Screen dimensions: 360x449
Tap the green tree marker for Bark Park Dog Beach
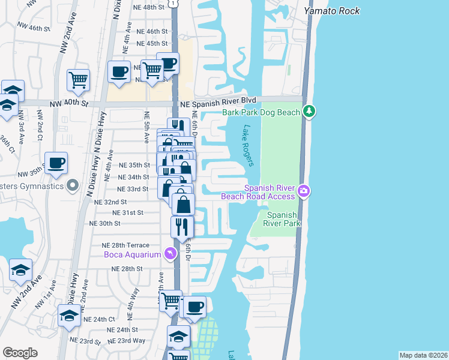[309, 112]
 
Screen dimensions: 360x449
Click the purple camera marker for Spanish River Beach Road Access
[304, 191]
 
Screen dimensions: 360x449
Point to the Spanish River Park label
[283, 219]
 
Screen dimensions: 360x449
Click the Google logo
[20, 353]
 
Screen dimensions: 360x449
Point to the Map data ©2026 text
[423, 355]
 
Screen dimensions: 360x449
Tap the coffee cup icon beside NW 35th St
[56, 163]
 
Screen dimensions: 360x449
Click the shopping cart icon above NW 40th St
[79, 79]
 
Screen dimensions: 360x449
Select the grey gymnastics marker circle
[73, 185]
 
